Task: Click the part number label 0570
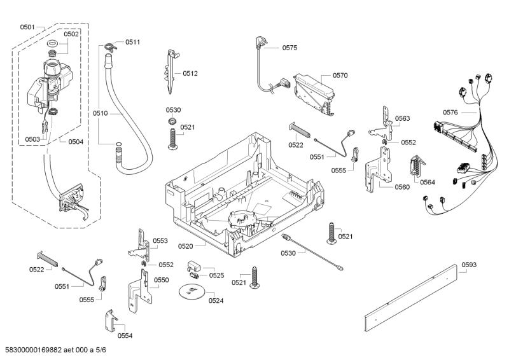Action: coord(340,76)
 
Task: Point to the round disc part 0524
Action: coord(190,292)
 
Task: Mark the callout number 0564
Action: coord(428,183)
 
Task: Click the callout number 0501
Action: coord(27,27)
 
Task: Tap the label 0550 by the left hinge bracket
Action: coord(161,280)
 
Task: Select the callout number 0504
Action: coord(75,142)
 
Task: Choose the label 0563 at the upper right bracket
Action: coord(402,118)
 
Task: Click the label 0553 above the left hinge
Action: coord(160,241)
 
